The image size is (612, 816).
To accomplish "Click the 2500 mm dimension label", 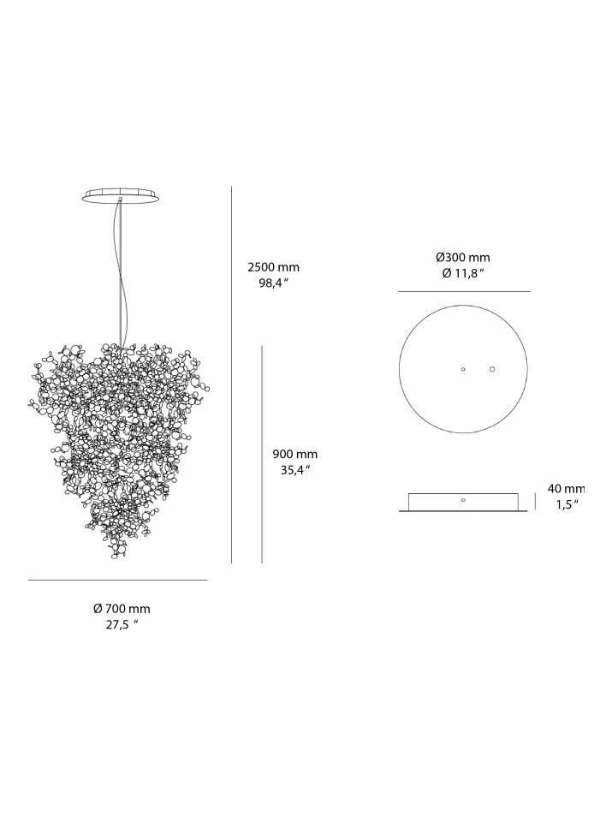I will point(273,267).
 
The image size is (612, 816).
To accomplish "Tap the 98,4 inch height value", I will point(273,283).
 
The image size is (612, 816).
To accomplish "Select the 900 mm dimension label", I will point(294,454).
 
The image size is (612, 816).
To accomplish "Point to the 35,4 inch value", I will point(294,470).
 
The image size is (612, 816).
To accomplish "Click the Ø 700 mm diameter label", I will point(122,609).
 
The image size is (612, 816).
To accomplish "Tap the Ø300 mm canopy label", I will point(462,258).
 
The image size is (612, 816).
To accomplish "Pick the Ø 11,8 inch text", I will point(462,274).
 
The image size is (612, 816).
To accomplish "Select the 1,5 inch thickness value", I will point(567,504).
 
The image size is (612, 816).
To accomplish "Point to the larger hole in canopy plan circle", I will point(492,369).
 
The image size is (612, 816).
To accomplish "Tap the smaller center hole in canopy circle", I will point(463,369).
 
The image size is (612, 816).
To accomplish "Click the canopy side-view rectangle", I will point(463,503).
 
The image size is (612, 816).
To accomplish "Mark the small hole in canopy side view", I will point(463,499).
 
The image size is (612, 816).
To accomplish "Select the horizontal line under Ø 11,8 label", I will point(463,292).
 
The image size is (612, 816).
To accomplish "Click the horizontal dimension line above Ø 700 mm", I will point(117,581).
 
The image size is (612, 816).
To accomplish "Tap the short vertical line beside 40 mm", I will point(536,501).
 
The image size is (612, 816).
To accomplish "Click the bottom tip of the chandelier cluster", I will point(115,557).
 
